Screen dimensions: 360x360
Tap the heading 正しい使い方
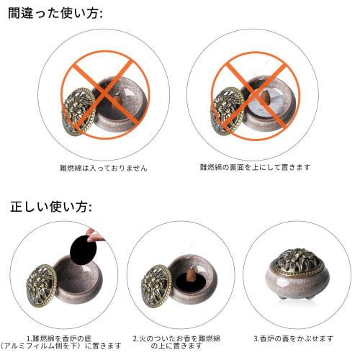click(51, 207)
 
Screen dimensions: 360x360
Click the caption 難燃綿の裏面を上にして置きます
click(255, 167)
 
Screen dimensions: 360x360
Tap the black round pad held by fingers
click(82, 248)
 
